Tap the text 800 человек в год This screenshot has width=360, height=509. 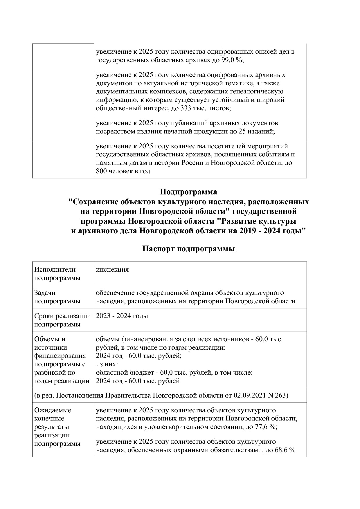click(x=123, y=171)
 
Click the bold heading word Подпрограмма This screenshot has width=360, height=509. click(x=188, y=192)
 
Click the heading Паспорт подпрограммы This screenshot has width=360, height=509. click(x=188, y=249)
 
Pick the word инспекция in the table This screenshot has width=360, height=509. click(x=112, y=269)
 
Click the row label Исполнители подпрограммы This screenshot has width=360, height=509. click(x=57, y=274)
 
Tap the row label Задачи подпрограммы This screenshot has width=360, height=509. click(x=57, y=297)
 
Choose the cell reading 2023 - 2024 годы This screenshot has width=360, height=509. click(x=122, y=316)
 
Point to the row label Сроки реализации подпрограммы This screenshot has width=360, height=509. click(x=62, y=320)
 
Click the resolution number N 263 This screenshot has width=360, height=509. click(x=279, y=395)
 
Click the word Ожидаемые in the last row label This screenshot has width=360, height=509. click(x=53, y=410)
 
